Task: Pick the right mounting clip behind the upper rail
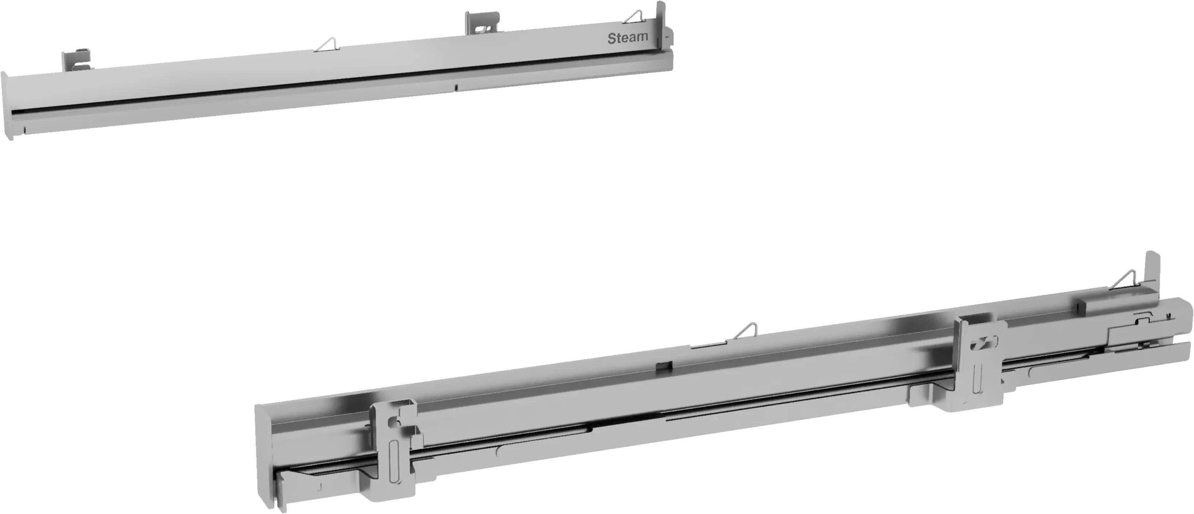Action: [x=482, y=23]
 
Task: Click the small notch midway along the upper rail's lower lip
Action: [x=456, y=87]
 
